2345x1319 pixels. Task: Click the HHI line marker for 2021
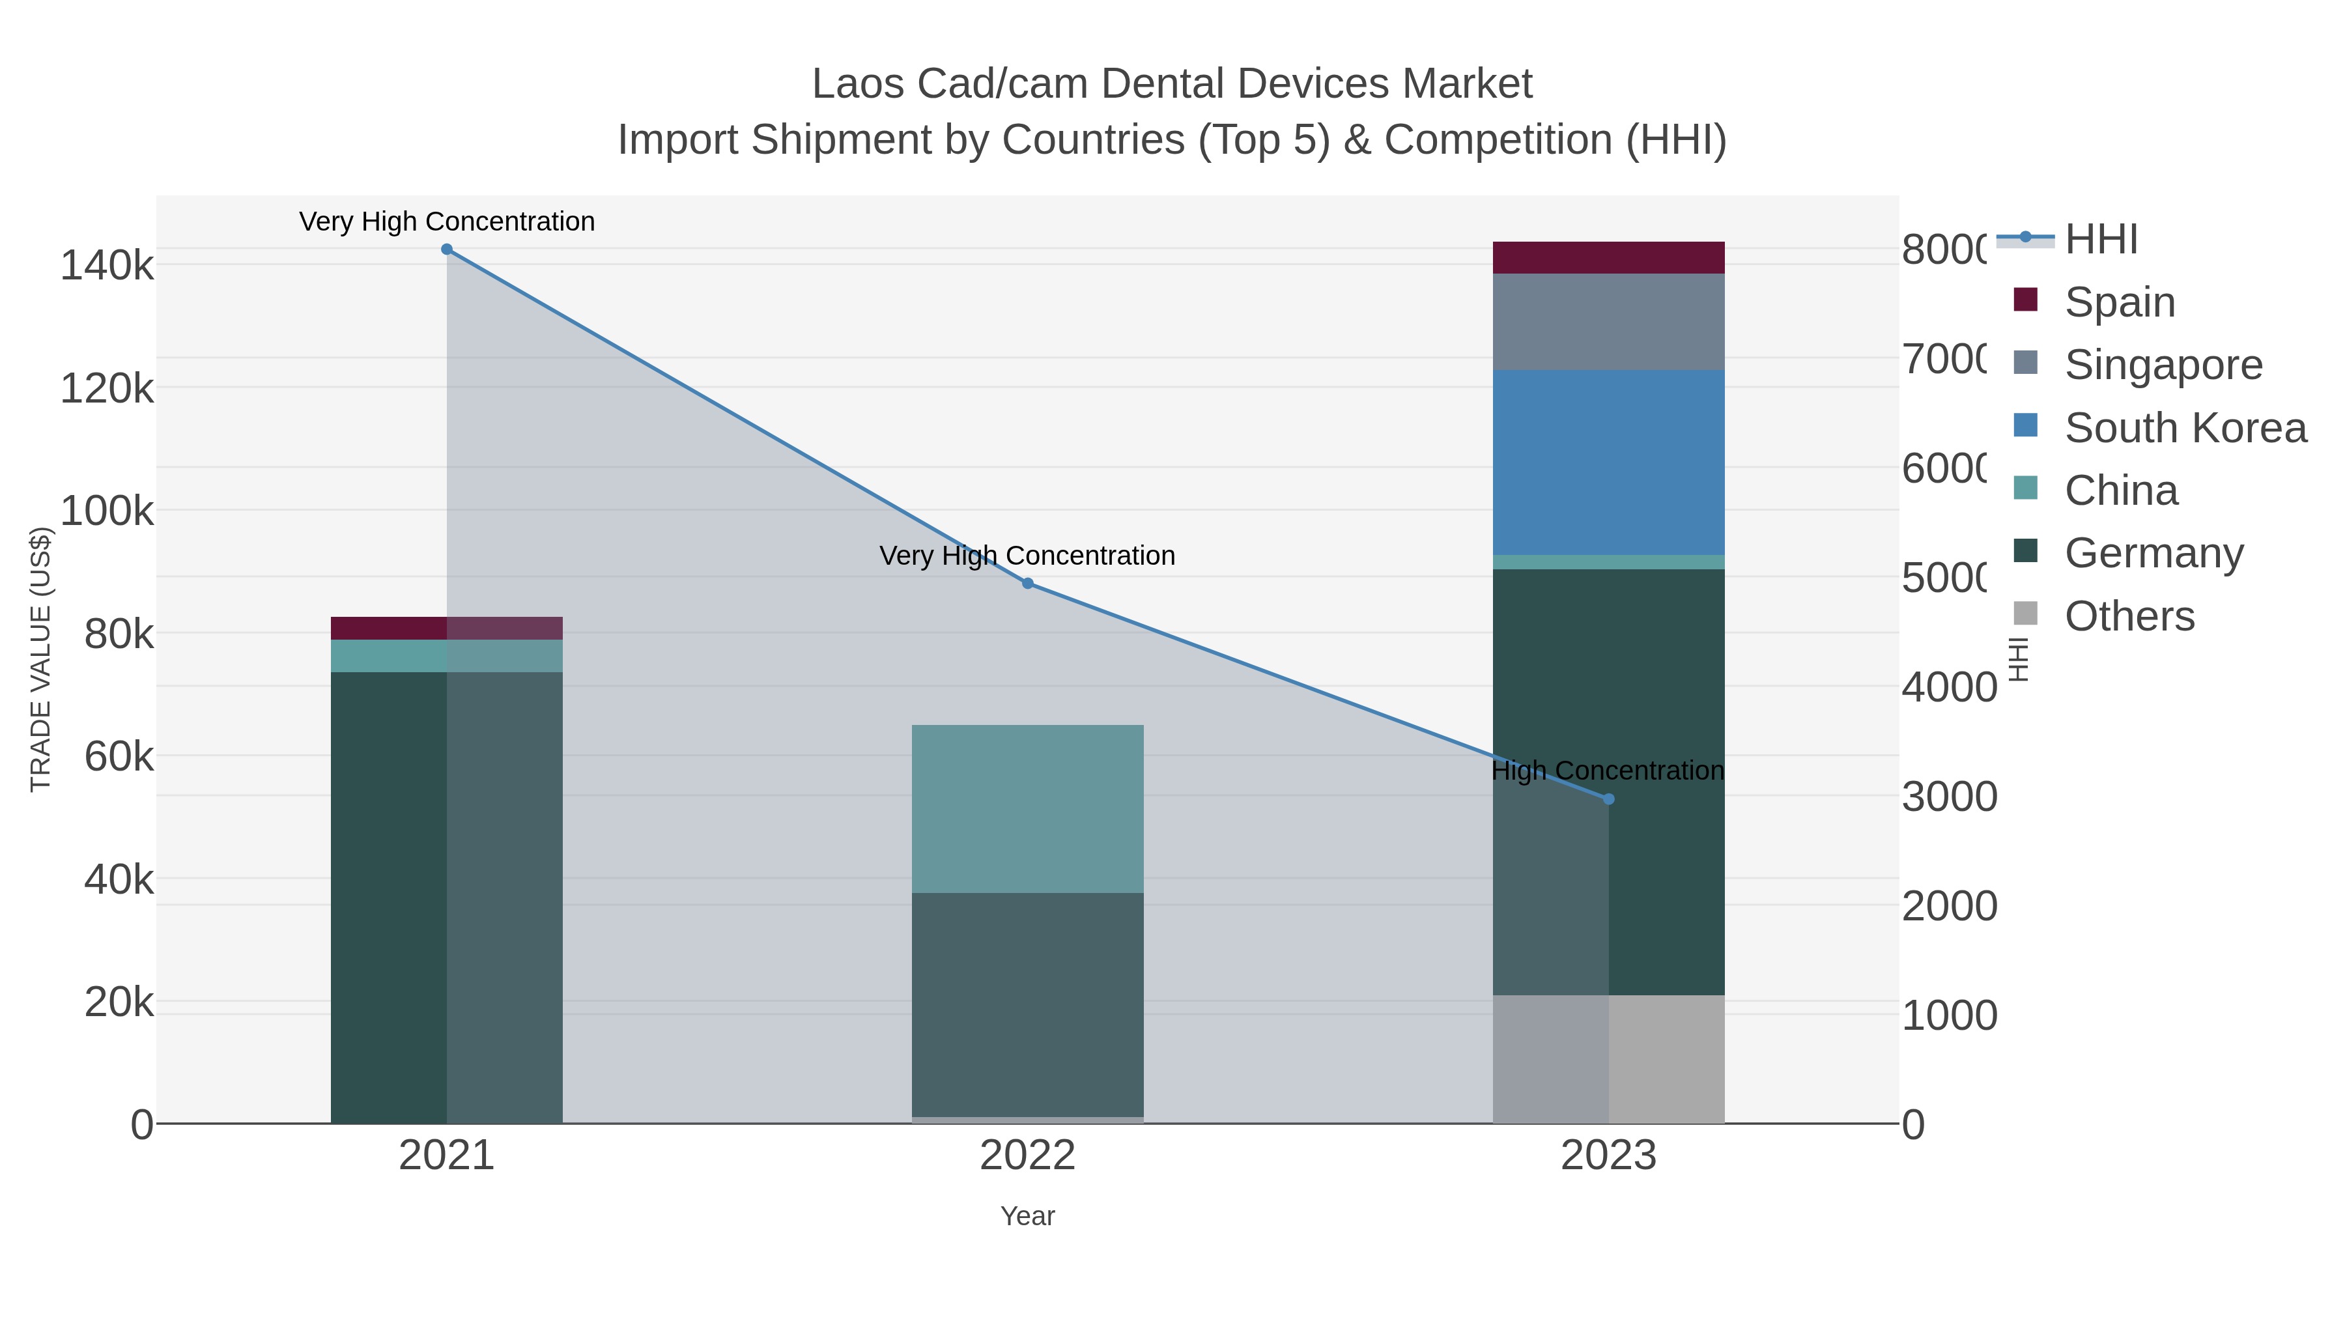click(446, 249)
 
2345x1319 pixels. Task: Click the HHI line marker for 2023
click(1608, 799)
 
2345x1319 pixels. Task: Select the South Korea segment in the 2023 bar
click(1608, 462)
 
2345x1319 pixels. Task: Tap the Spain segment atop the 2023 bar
click(1608, 257)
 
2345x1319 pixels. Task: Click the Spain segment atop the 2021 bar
click(446, 628)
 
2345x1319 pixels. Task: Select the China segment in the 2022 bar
click(1028, 808)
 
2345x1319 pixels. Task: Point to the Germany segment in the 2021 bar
click(446, 897)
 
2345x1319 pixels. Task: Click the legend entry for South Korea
click(2185, 428)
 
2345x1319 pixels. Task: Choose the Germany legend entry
click(2154, 554)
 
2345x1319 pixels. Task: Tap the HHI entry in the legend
click(2101, 240)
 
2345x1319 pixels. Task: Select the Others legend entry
click(2129, 616)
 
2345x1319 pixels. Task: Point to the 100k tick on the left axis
click(107, 511)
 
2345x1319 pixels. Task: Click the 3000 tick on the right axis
click(1948, 797)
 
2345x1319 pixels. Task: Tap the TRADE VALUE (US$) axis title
click(41, 659)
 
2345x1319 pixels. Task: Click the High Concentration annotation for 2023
click(1608, 771)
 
